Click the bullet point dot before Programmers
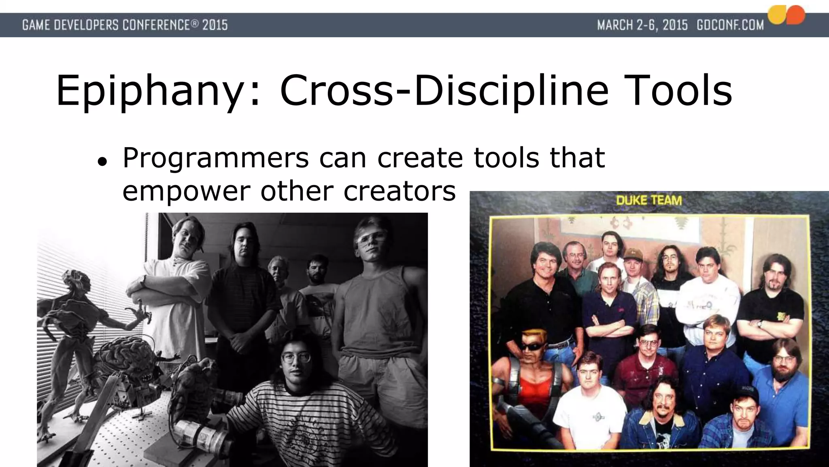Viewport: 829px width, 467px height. click(102, 162)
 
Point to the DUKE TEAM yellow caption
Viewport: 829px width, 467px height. click(649, 200)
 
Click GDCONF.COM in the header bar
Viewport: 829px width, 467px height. click(730, 25)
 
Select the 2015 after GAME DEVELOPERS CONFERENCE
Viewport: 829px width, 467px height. click(215, 25)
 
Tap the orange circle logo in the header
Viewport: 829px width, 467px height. click(795, 15)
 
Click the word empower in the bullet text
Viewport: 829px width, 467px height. click(186, 191)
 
